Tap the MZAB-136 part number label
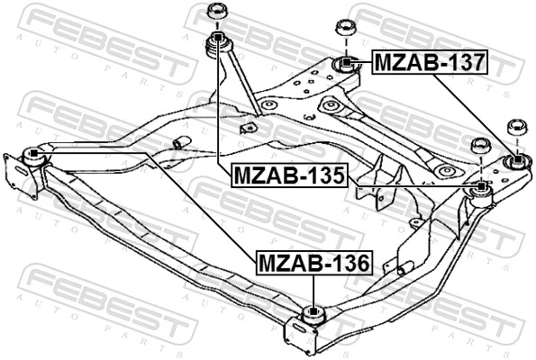313,264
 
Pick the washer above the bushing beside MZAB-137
344,26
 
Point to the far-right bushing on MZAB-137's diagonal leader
517,161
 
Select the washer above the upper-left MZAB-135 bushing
216,12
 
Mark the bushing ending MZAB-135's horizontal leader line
482,187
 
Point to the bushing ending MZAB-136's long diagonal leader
32,154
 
